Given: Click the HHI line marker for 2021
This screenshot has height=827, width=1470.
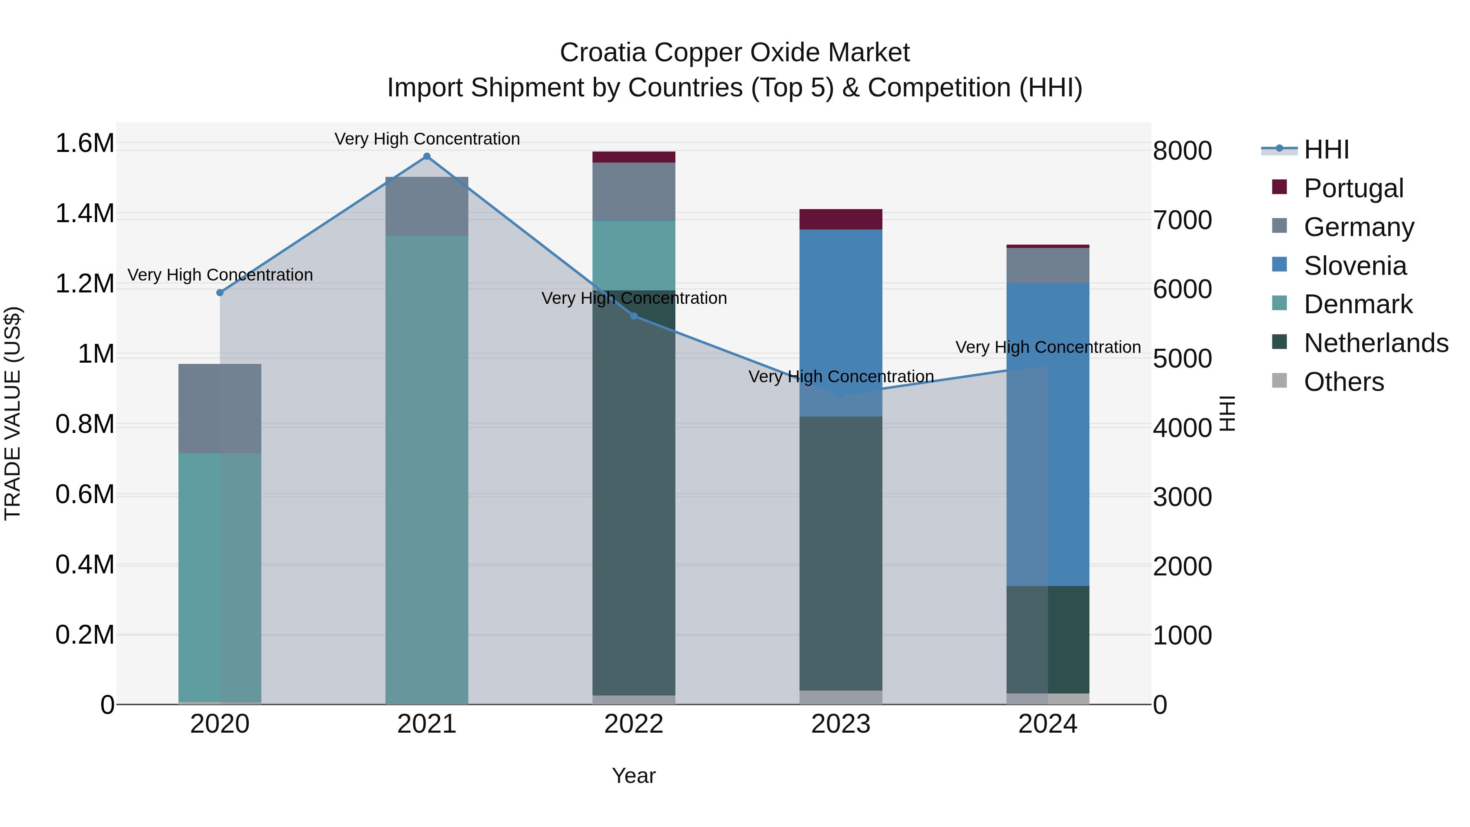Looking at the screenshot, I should pos(426,156).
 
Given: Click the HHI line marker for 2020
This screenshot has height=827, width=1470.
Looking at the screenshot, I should pos(220,293).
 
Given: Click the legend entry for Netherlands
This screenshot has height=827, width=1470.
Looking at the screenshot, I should pos(1375,343).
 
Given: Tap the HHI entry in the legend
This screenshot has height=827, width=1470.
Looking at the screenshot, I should pos(1326,149).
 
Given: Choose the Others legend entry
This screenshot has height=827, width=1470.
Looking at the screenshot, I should pos(1343,382).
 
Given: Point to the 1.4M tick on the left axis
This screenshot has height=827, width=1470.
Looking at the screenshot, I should pos(85,214).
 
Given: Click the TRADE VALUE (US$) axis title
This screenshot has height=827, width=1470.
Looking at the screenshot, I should pos(13,413).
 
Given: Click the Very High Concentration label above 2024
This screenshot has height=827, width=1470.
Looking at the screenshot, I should pos(1048,347).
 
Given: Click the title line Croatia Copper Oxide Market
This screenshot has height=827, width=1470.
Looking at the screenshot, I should pos(735,53).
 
